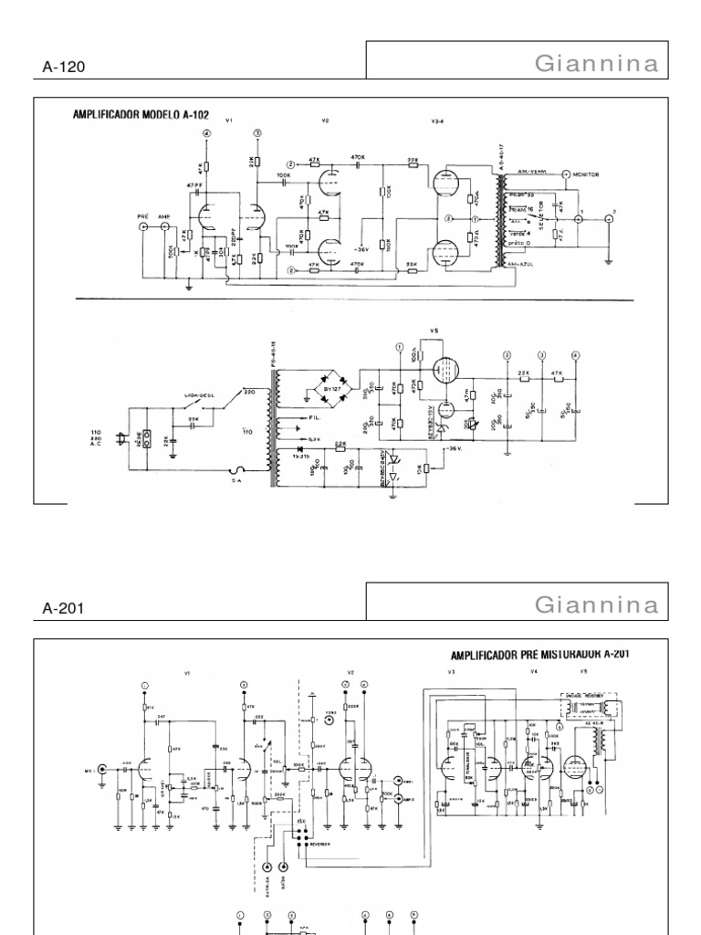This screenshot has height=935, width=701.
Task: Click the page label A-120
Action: pyautogui.click(x=63, y=66)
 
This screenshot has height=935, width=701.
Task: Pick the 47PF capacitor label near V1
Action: pyautogui.click(x=193, y=185)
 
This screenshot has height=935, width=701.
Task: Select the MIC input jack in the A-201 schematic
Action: pyautogui.click(x=102, y=769)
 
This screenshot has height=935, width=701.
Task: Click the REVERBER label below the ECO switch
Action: pyautogui.click(x=320, y=844)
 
